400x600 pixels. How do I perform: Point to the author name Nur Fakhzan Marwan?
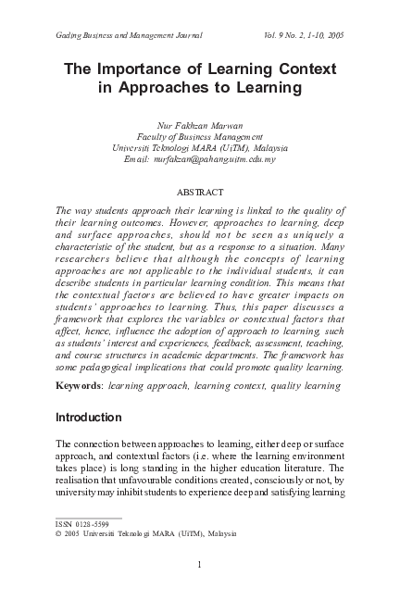(200, 123)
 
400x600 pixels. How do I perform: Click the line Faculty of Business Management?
(200, 135)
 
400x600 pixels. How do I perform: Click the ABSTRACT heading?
(200, 193)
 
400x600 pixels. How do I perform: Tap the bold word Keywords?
(80, 383)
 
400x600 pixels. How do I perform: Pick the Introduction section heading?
(89, 418)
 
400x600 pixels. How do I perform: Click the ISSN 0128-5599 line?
(82, 524)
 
